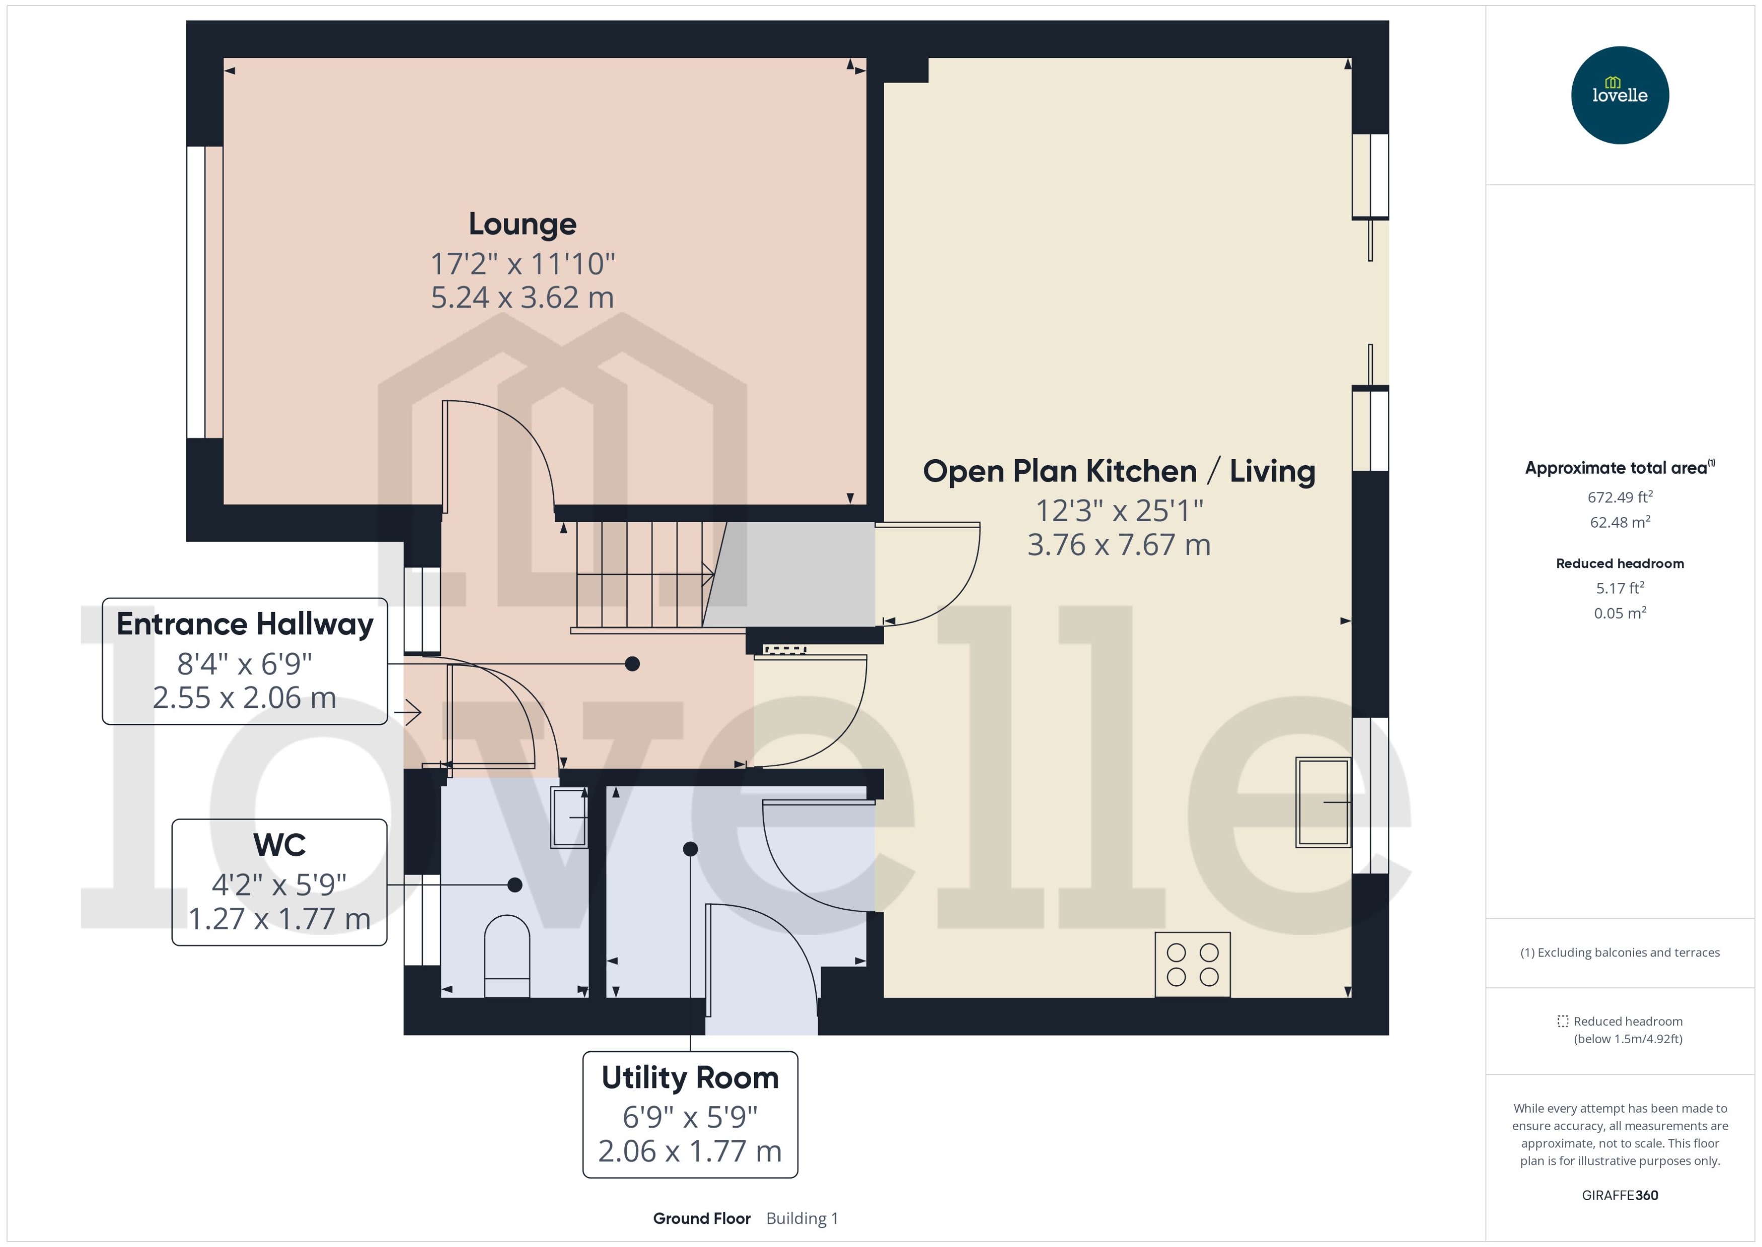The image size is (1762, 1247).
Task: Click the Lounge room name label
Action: (x=522, y=224)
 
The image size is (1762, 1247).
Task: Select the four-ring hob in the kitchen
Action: (x=1192, y=965)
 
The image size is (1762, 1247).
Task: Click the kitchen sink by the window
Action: (x=1322, y=801)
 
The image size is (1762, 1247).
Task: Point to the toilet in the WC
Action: (x=507, y=956)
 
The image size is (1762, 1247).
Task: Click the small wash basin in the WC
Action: (x=569, y=818)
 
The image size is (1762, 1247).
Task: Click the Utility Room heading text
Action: (x=689, y=1078)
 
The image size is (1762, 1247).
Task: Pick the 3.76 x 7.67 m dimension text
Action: (x=1119, y=545)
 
